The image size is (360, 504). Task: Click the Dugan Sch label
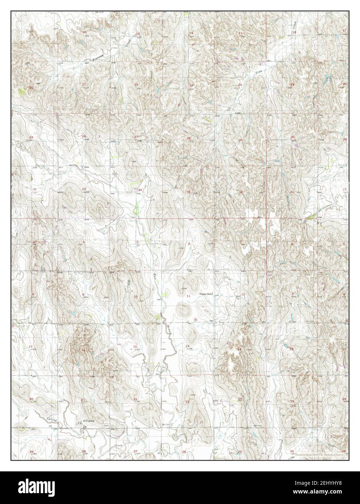206,294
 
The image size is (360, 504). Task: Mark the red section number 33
84,189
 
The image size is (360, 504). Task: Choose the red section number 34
140,190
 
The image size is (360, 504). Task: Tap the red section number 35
189,192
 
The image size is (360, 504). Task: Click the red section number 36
240,192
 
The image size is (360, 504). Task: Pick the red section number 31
292,192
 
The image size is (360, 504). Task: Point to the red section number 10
135,297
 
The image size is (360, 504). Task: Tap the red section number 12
243,294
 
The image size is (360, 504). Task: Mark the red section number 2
189,244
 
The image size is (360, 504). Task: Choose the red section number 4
84,242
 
